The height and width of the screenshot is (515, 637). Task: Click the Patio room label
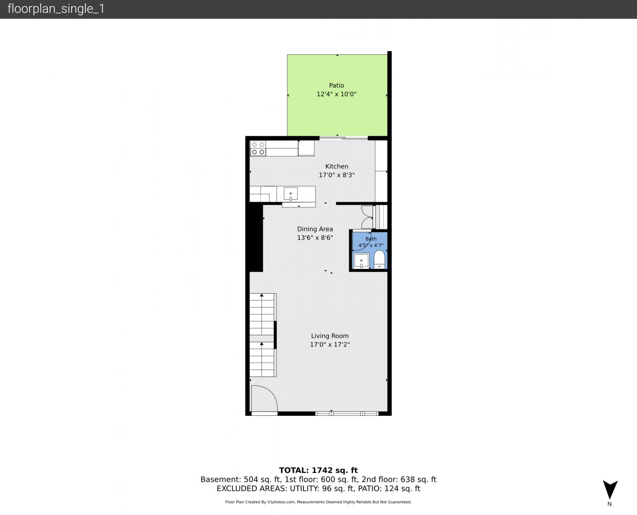pos(336,85)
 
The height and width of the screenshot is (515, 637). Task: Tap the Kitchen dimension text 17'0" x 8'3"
pos(336,175)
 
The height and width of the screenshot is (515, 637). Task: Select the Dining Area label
pos(315,229)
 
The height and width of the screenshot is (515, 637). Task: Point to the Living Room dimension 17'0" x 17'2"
pos(330,344)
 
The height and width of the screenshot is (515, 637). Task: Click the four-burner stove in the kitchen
pos(258,148)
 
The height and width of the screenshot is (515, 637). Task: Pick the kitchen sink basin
pos(291,194)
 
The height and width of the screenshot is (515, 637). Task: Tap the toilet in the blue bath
pos(379,259)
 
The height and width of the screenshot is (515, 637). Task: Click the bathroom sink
pos(361,261)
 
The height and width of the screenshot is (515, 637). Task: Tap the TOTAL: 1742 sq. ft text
pos(318,471)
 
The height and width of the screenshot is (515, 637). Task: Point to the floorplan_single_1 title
pos(56,9)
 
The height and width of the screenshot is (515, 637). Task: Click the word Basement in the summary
pos(219,479)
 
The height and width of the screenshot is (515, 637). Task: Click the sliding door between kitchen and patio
pos(344,138)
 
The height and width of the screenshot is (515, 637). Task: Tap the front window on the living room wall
pos(347,414)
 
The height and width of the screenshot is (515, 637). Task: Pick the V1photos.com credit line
pos(318,502)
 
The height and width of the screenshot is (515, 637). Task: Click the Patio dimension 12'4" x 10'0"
pos(336,94)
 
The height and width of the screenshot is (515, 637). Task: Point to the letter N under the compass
pos(609,504)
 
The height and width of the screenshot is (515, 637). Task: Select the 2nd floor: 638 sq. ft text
pos(399,479)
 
